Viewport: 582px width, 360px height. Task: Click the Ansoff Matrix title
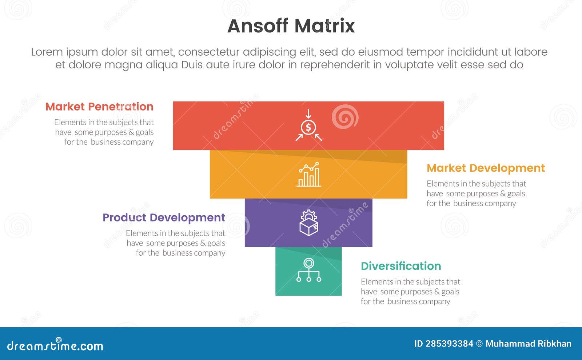click(x=291, y=26)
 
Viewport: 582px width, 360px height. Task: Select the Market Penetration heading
click(x=99, y=107)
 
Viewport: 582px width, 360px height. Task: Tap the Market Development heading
click(x=486, y=168)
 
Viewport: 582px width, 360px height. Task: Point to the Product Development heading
click(x=164, y=217)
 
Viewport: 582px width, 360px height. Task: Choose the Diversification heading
click(x=401, y=266)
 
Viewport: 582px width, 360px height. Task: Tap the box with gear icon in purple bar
click(x=308, y=223)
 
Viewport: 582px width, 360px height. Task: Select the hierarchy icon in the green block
click(x=308, y=271)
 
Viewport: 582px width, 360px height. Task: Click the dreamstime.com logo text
click(x=55, y=345)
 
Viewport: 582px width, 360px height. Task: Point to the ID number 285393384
click(x=449, y=344)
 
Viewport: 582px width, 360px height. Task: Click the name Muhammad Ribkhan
click(x=529, y=344)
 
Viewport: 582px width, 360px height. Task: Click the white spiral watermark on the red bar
click(x=344, y=117)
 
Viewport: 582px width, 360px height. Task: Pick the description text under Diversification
click(x=410, y=292)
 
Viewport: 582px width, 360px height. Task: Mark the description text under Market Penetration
click(x=104, y=132)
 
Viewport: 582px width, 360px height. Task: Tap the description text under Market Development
click(x=476, y=193)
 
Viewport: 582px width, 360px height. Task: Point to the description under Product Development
click(x=176, y=243)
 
